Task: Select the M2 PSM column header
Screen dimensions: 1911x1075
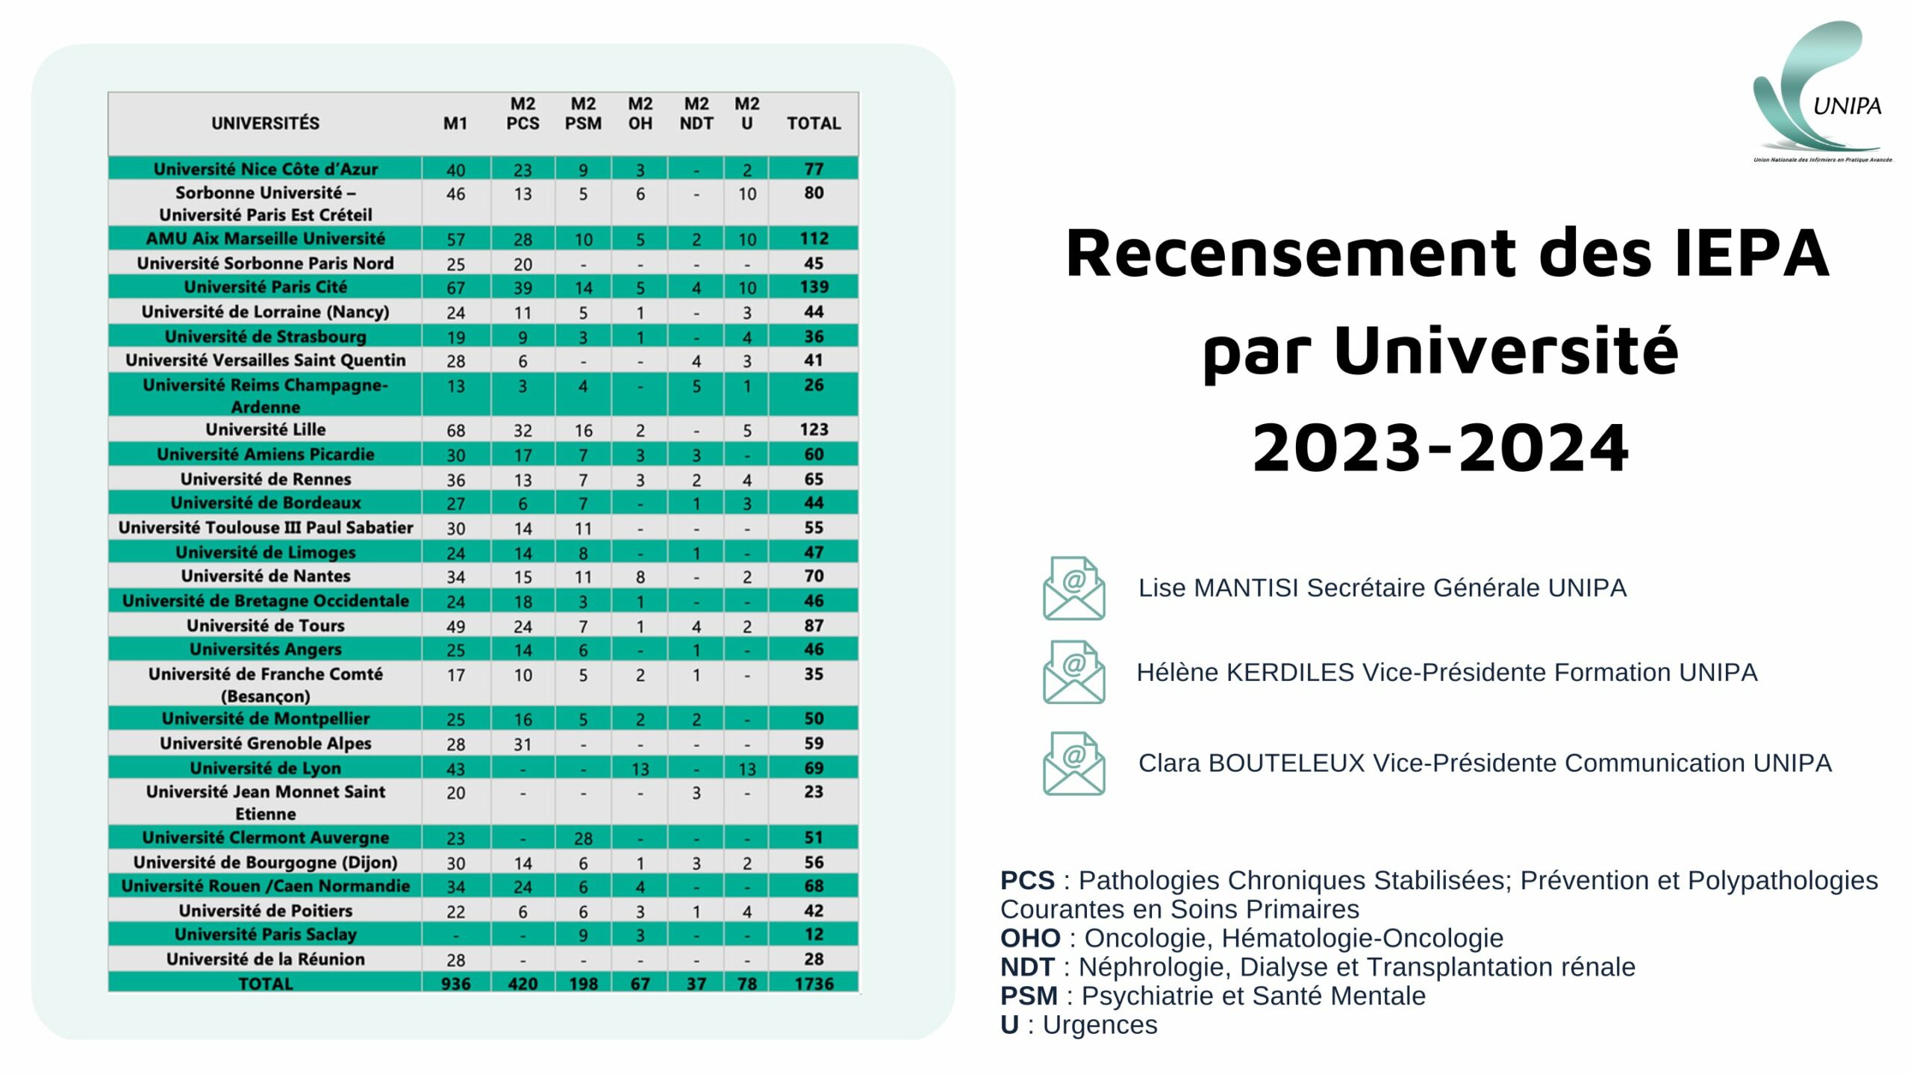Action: click(583, 113)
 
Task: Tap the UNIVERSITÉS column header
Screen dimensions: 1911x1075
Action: click(265, 123)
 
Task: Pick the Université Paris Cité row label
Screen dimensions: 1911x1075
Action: click(266, 287)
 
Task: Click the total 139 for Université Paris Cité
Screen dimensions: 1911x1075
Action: click(814, 287)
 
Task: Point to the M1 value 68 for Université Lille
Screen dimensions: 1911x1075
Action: click(455, 431)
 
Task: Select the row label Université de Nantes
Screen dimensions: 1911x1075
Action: click(266, 576)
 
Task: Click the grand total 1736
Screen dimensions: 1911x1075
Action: click(814, 983)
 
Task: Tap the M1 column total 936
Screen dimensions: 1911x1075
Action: click(455, 983)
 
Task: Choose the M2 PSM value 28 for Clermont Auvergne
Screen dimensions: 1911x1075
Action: click(583, 838)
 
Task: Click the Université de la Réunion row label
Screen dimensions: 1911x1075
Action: click(266, 959)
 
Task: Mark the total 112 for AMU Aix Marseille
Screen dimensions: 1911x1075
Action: click(814, 238)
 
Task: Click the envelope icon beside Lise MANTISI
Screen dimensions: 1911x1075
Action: click(1073, 588)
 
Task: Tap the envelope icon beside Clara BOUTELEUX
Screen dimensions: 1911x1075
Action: click(1073, 763)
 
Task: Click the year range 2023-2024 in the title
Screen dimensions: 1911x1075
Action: click(1441, 447)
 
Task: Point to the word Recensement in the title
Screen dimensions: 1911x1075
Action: click(1291, 253)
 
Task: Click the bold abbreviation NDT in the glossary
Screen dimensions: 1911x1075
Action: click(1027, 967)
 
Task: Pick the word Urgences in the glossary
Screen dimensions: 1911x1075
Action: click(1100, 1026)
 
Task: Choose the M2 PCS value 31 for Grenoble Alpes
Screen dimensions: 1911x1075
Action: click(523, 744)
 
